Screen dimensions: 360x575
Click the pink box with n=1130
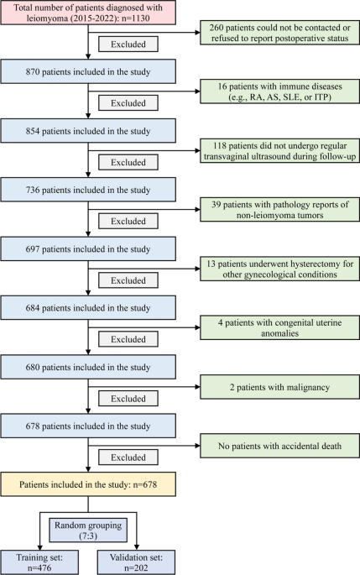tap(88, 13)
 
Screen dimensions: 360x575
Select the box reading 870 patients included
tap(88, 71)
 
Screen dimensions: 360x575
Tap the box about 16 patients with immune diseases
tap(279, 91)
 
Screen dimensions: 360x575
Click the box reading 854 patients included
tap(88, 131)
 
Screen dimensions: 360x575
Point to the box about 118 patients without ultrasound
tap(279, 151)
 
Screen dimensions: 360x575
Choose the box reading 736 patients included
tap(88, 190)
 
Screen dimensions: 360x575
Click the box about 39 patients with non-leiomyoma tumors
tap(279, 210)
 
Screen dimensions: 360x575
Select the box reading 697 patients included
tap(88, 249)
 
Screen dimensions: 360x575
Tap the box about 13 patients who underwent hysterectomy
tap(279, 269)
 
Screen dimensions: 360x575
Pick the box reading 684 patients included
tap(88, 308)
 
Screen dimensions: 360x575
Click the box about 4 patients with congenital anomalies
tap(279, 328)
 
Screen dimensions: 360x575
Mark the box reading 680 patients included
tap(88, 367)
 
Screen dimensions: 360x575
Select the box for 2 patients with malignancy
tap(279, 387)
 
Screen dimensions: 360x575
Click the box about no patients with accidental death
tap(279, 446)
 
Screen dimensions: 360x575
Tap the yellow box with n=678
tap(88, 484)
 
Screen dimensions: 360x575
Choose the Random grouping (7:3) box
tap(88, 531)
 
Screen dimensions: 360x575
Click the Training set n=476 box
tap(39, 562)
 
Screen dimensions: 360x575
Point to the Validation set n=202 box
tap(137, 562)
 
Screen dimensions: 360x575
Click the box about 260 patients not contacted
tap(279, 33)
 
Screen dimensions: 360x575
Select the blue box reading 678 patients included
tap(88, 426)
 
